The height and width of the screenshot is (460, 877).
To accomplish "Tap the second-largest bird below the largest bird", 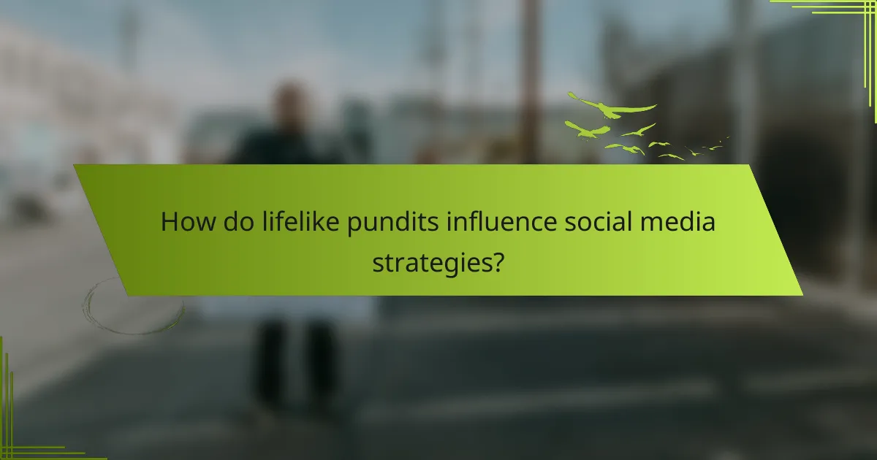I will pyautogui.click(x=586, y=130).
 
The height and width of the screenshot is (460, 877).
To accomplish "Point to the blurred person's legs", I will pyautogui.click(x=292, y=361).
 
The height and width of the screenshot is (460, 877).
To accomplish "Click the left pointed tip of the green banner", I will pyautogui.click(x=75, y=166).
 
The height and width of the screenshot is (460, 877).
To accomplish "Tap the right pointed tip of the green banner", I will pyautogui.click(x=802, y=294).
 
